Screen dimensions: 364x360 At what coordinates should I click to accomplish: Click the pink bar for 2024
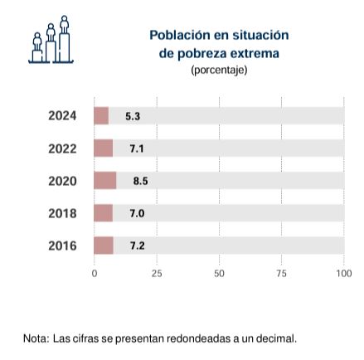click(x=101, y=115)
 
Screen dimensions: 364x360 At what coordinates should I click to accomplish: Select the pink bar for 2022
click(x=104, y=148)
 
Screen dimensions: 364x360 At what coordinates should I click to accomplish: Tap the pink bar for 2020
click(x=105, y=181)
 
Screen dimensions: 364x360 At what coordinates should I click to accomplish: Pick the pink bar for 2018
click(x=104, y=213)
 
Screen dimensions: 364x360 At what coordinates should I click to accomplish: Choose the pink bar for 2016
click(x=104, y=246)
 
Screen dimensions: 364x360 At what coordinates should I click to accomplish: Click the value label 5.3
click(x=133, y=116)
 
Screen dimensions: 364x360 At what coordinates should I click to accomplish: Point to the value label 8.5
click(x=140, y=181)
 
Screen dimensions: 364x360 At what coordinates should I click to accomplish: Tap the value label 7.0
click(x=137, y=213)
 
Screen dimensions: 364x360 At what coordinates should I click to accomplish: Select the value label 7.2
click(x=138, y=246)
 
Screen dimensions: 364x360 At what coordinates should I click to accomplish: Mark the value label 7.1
click(x=137, y=148)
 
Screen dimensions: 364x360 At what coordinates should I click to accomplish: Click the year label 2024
click(x=62, y=116)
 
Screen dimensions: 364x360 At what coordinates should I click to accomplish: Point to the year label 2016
click(x=62, y=246)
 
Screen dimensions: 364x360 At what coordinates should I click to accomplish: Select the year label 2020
click(x=62, y=181)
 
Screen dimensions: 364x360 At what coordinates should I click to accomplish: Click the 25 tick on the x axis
click(x=157, y=274)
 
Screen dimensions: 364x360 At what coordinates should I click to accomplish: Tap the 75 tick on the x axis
click(x=281, y=274)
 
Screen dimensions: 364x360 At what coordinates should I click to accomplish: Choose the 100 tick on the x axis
click(x=344, y=274)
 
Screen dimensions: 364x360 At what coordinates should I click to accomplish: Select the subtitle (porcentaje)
click(x=219, y=70)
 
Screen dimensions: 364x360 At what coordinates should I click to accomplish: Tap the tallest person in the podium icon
click(x=65, y=24)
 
